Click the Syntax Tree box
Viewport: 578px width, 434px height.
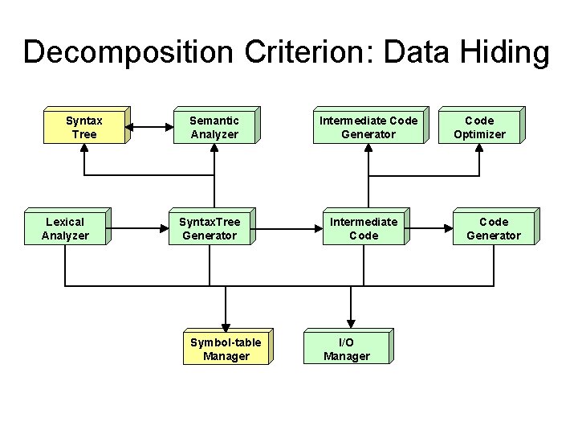click(x=84, y=127)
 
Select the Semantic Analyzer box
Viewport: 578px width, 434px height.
click(x=214, y=127)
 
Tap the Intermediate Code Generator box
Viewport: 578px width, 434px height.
click(x=368, y=127)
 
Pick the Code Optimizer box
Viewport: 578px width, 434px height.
click(x=479, y=127)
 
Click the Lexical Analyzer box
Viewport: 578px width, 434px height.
click(x=65, y=228)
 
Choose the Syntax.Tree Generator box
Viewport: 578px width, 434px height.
click(x=209, y=228)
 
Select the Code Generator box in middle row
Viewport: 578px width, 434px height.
click(x=494, y=228)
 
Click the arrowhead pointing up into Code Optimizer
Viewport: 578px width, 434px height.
click(x=479, y=151)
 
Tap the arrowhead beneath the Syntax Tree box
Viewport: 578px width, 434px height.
click(x=84, y=151)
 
